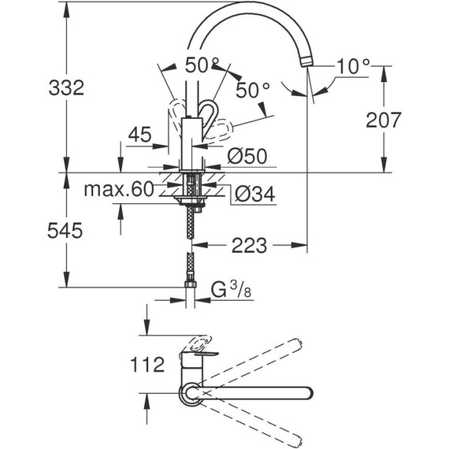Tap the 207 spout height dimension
[x=384, y=120]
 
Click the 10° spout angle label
[x=352, y=66]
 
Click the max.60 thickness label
[x=119, y=190]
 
